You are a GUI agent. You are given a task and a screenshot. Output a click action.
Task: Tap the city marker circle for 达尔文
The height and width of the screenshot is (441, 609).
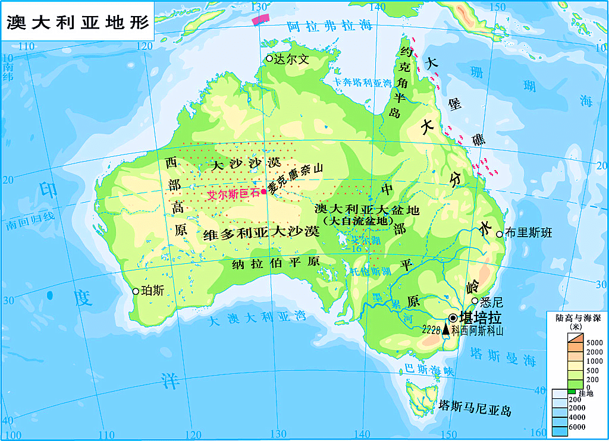click(x=269, y=58)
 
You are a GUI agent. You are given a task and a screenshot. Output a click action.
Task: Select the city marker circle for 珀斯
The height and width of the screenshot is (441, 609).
click(x=136, y=291)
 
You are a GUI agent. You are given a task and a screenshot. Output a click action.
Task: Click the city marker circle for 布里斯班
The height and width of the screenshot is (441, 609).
click(x=500, y=234)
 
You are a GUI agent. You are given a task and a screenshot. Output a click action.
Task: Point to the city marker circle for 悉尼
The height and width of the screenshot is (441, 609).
click(x=475, y=301)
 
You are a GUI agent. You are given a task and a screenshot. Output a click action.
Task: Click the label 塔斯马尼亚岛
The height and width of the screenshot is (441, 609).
click(x=475, y=408)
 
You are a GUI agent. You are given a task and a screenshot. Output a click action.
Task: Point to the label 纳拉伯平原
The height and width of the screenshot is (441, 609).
click(x=276, y=262)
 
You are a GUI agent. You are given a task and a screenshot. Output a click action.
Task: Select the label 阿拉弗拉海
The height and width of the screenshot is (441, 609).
click(x=329, y=26)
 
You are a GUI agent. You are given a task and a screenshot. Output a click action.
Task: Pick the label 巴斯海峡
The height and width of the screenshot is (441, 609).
click(x=428, y=369)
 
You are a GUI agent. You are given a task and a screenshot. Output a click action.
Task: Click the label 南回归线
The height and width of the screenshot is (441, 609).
click(x=31, y=221)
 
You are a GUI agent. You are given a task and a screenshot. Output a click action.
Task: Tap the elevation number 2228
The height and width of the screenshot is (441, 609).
click(x=431, y=329)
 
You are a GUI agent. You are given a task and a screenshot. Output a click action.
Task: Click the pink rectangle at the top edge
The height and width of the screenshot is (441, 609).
click(x=260, y=19)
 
